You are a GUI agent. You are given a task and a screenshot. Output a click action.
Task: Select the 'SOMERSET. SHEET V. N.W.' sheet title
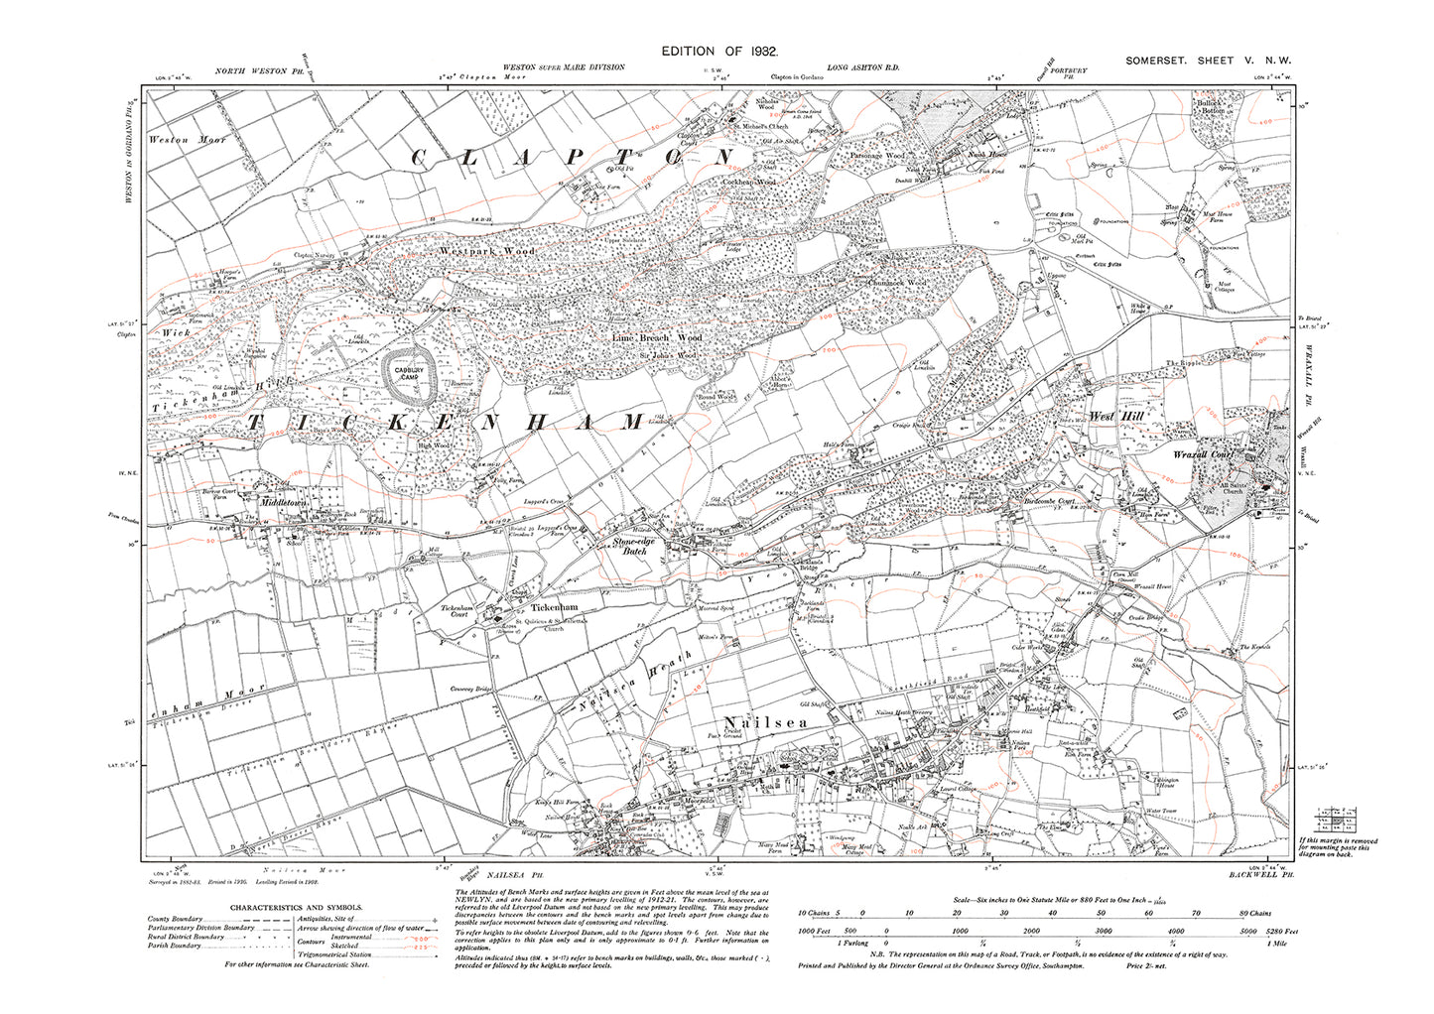[1208, 62]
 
